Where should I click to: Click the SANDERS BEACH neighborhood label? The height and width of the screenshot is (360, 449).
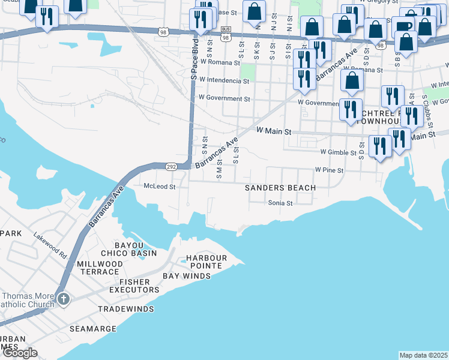[280, 188]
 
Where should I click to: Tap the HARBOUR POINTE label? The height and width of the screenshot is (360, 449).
[206, 262]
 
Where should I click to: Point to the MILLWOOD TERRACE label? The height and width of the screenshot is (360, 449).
[100, 268]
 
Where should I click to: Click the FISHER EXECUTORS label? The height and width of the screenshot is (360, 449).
[134, 286]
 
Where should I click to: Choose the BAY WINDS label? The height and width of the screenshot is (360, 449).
[187, 276]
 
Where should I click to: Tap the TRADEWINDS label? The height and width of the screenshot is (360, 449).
[126, 309]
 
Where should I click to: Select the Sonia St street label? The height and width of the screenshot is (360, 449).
[280, 203]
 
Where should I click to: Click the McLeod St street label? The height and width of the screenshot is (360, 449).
[159, 187]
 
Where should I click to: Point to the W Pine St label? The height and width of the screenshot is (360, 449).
[328, 170]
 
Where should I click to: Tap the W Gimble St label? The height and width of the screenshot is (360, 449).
[338, 152]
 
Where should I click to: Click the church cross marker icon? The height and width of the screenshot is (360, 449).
[63, 298]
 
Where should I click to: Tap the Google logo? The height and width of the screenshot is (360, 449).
[20, 353]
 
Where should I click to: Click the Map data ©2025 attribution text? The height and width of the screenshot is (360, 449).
[424, 355]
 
